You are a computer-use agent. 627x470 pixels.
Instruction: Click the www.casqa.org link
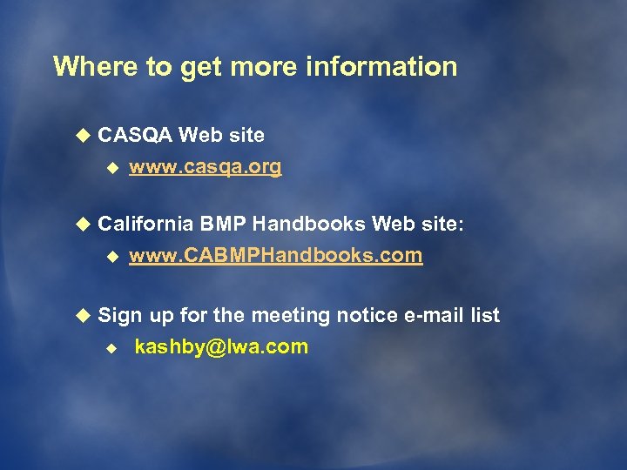coord(206,167)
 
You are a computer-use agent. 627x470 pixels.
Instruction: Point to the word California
coord(145,224)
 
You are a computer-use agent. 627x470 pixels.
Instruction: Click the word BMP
coord(225,224)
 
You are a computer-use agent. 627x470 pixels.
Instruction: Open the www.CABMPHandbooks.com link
coord(276,256)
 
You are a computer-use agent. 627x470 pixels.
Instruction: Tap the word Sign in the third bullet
coord(120,315)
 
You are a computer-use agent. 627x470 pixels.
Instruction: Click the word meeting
coord(262,315)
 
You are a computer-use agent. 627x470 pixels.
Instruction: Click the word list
coord(483,315)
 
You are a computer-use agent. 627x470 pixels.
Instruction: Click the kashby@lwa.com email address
coord(221,346)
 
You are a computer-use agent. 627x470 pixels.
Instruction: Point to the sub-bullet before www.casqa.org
coord(111,168)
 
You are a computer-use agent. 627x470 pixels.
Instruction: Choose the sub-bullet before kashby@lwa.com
coord(111,347)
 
